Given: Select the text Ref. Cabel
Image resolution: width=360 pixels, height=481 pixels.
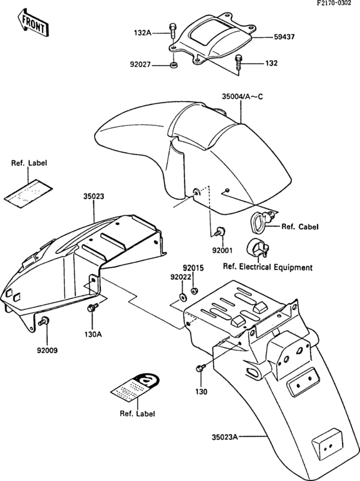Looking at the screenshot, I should [x=300, y=226].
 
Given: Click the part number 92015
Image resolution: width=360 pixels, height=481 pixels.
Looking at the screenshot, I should [x=192, y=267].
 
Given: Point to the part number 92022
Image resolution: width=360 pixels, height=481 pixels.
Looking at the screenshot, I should [x=181, y=277].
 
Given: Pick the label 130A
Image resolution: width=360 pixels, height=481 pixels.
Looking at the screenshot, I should [x=93, y=334].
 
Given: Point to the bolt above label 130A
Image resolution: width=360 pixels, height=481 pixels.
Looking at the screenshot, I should [x=91, y=309].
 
